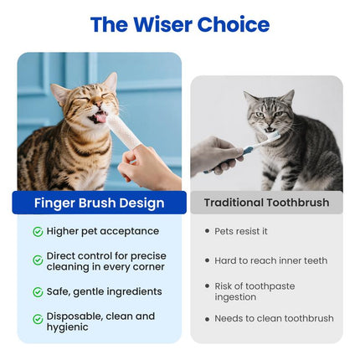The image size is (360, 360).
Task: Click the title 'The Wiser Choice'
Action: coord(180,24)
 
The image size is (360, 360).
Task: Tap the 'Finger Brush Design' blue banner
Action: coord(99,203)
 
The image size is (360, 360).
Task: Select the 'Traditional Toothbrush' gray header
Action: coord(266,203)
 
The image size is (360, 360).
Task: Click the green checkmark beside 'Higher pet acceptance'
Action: coord(38,231)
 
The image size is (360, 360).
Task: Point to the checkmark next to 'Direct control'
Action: coord(38,260)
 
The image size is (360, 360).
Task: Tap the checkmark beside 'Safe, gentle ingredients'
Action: coord(38,292)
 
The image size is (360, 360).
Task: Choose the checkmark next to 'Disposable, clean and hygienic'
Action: coord(38,319)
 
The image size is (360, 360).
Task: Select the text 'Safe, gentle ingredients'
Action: coord(104,291)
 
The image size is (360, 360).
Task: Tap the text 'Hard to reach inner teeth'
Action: coord(271,260)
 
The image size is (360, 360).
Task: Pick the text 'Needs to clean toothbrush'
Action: coord(274,318)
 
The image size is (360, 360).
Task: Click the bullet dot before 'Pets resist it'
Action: coord(207,231)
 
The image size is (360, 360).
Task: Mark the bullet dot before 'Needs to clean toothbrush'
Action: coord(207,318)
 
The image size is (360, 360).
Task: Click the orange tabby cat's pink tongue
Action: coord(102,116)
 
